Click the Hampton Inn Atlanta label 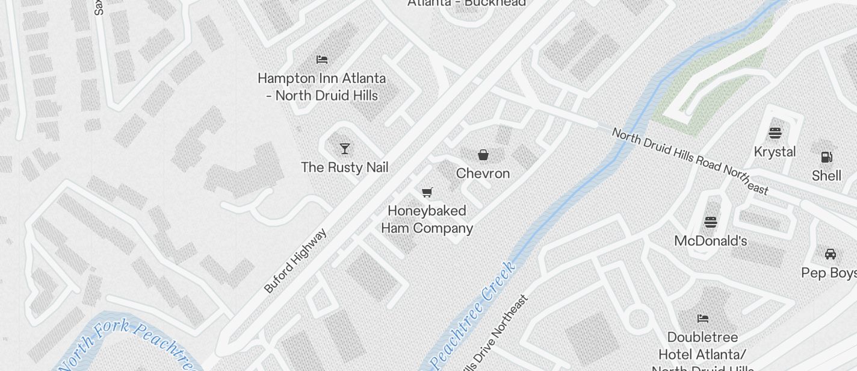321,87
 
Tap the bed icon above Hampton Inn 322,59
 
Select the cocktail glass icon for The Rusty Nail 345,149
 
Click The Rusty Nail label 344,167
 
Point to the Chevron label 483,173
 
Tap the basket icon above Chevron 483,155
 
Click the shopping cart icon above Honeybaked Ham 427,192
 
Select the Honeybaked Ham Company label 427,219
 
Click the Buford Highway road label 295,260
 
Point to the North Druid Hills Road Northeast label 690,161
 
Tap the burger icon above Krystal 775,133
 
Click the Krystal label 775,152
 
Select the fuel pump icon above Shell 827,157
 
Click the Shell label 826,176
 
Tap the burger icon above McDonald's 710,222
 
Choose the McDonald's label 710,241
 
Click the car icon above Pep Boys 830,254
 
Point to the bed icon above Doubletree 702,318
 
